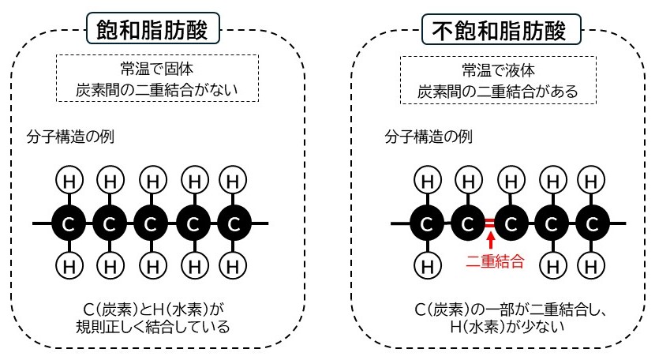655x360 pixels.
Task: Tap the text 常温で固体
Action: click(158, 69)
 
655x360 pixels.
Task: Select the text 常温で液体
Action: click(499, 69)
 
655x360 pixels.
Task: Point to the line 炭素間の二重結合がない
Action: click(158, 90)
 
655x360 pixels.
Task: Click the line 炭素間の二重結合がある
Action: click(499, 91)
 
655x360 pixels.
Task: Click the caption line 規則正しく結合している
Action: click(158, 326)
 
